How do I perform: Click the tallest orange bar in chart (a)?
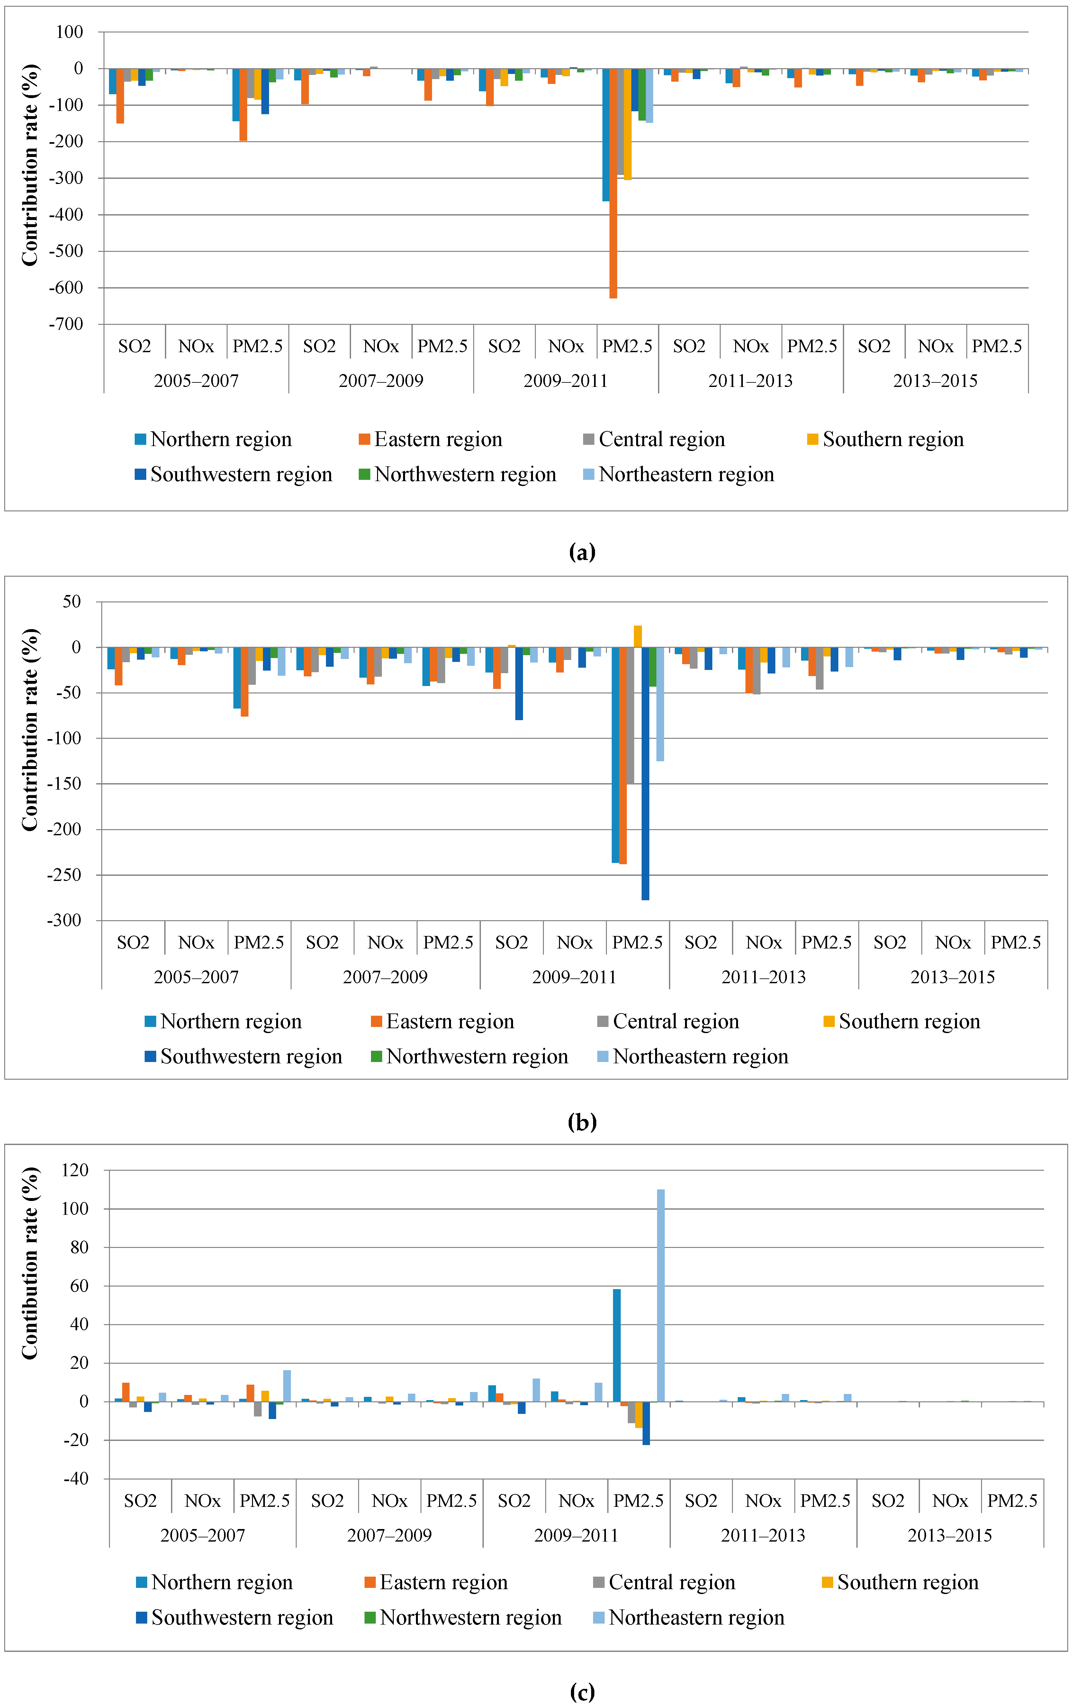click(x=613, y=184)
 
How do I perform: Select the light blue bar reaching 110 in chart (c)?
click(x=661, y=1295)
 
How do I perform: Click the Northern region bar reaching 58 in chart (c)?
click(x=617, y=1344)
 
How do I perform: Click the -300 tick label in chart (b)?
click(x=64, y=921)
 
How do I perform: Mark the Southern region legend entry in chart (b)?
click(x=902, y=1022)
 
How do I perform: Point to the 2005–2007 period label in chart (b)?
click(x=196, y=977)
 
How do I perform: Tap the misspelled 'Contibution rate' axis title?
click(x=30, y=1262)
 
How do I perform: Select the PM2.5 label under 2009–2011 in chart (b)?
click(x=637, y=943)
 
